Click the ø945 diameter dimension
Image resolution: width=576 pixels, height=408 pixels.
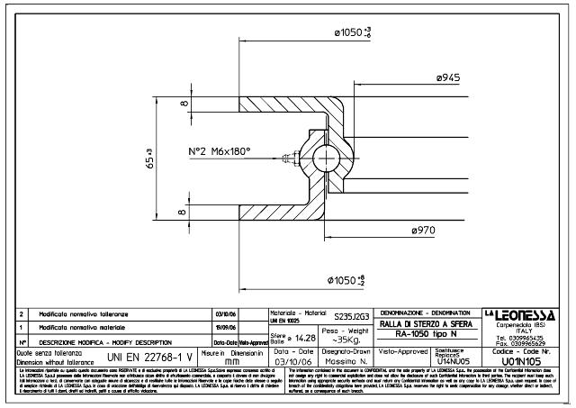click(x=448, y=79)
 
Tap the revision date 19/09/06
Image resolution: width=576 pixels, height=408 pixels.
click(x=225, y=328)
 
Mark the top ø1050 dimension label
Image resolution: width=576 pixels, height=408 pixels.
click(x=354, y=33)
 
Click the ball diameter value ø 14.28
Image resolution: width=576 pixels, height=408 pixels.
click(x=293, y=339)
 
